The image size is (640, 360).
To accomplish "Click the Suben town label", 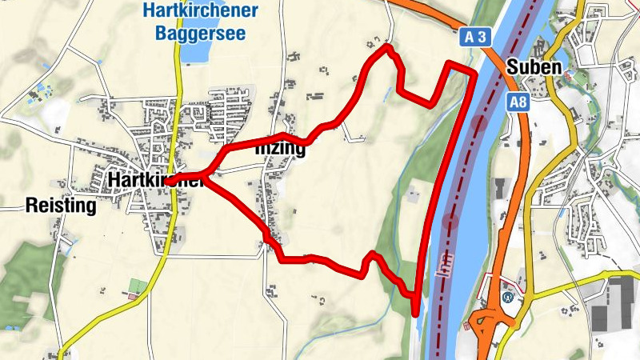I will tap(534, 66).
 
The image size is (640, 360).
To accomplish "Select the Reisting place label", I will tap(61, 206).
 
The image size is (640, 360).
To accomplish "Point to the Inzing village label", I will tap(279, 150).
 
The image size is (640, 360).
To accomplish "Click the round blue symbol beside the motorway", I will tap(507, 297).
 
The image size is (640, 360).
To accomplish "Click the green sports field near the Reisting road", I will tap(138, 286).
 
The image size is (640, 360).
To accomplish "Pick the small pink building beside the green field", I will tap(132, 297).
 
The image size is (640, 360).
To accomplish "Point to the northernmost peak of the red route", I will tap(387, 48).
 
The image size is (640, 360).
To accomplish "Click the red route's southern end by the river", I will tap(415, 312).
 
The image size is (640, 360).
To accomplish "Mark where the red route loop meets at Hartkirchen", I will tap(206, 175).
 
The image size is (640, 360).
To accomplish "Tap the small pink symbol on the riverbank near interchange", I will tap(466, 326).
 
